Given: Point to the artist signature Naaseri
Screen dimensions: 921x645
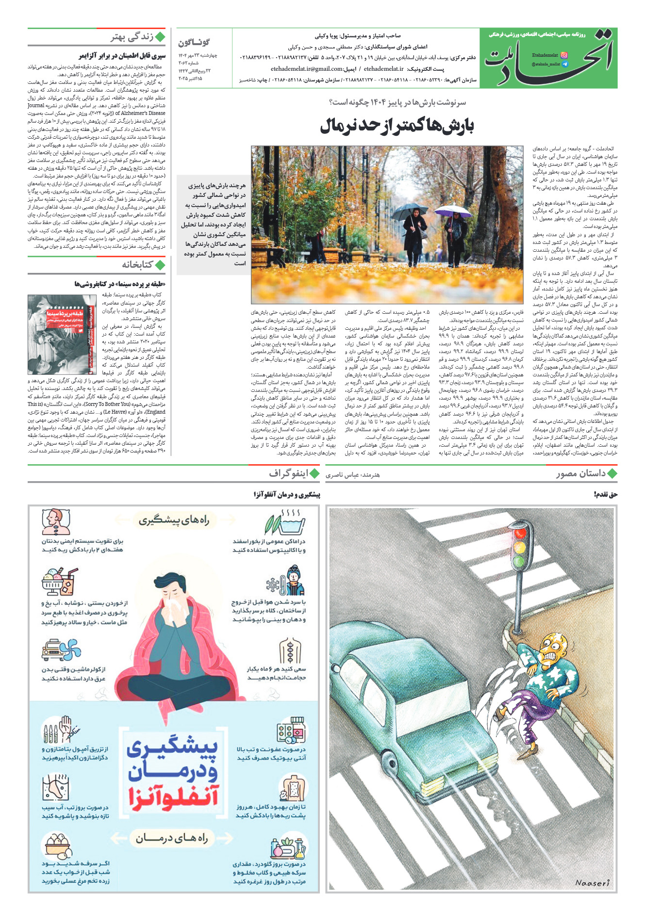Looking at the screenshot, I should pos(592,883).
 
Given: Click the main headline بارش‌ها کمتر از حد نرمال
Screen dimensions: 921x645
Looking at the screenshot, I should pos(397,126).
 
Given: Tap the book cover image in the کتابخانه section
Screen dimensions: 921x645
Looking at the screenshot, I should pos(62,334).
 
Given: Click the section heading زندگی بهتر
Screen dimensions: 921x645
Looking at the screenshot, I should pos(132,37).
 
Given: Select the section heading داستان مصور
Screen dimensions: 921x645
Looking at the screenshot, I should pos(580,474).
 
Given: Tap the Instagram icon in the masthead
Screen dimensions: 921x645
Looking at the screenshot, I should pos(564,55).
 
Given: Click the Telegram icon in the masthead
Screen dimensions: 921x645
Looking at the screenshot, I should pos(564,64).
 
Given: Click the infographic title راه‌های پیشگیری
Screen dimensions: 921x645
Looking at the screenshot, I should pos(174,521).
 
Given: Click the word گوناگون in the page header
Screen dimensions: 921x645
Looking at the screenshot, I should pos(194,43).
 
